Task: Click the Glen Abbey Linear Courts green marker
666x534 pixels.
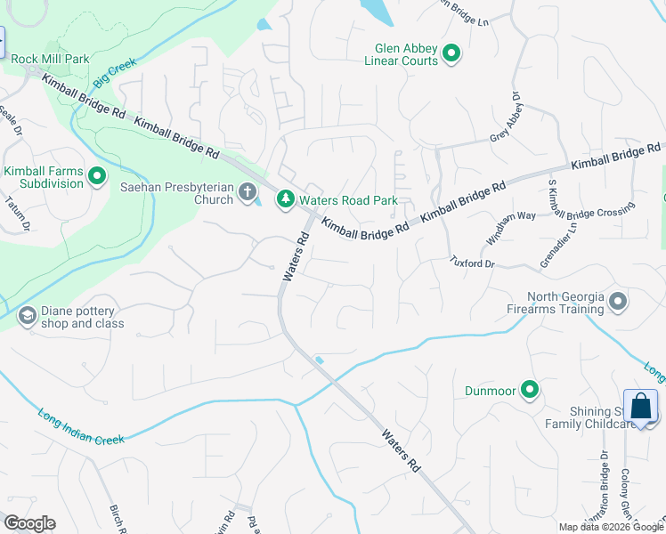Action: pos(451,54)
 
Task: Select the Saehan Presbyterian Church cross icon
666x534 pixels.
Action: pos(248,193)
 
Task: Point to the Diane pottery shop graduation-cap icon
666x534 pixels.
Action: pos(28,316)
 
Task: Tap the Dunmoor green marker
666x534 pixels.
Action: pos(531,390)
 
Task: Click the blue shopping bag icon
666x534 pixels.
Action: pos(640,407)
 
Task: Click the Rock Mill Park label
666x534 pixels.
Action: pos(51,59)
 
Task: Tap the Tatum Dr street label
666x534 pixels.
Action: pos(23,213)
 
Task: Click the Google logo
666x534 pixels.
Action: pos(29,523)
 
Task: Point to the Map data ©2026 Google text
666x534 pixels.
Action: pos(611,527)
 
